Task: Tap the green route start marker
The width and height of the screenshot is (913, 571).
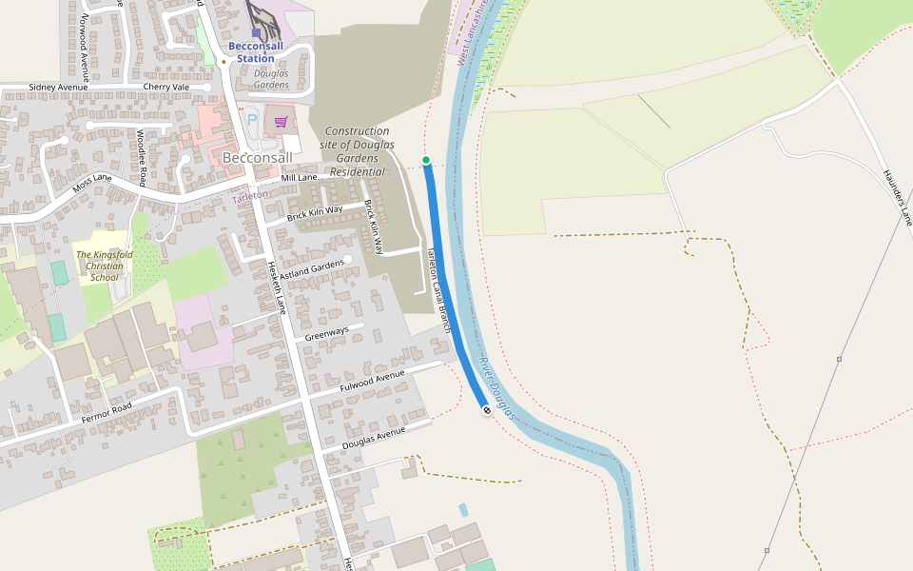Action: coord(426,160)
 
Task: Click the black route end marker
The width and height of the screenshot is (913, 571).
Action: coord(487,410)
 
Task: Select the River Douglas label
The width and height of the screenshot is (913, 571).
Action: coord(496,387)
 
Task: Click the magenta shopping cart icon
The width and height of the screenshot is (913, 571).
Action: coord(281,122)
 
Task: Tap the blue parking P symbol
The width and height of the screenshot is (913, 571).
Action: coord(252,120)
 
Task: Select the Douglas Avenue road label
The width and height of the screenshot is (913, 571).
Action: coord(374,439)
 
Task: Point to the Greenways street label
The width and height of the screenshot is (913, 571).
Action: coord(326,334)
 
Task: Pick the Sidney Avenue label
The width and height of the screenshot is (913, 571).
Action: coord(58,88)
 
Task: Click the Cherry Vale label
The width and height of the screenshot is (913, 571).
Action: coord(166,88)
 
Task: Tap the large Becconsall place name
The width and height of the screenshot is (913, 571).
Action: coord(257,157)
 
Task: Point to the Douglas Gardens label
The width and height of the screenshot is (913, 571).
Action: coord(271,79)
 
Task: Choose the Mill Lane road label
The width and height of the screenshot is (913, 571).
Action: coord(300,178)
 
